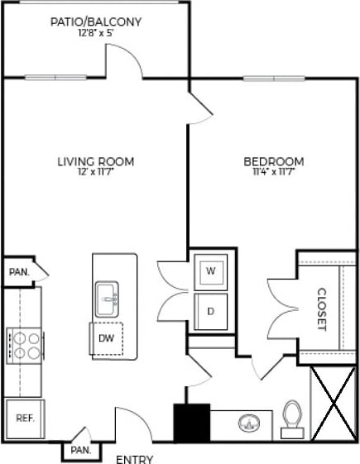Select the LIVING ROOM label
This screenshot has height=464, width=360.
pos(96,161)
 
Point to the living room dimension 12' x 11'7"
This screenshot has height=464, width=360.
pos(96,173)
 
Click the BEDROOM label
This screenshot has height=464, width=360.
pos(273,161)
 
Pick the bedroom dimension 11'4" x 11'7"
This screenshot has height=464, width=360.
pos(273,173)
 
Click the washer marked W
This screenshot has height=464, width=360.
pos(210,271)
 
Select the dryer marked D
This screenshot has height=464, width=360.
pos(210,312)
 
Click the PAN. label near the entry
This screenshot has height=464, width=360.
pos(80,450)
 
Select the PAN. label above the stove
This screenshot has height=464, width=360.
pos(17,271)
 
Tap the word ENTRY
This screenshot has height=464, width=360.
pos(133,458)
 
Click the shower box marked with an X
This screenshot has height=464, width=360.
pos(334,403)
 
